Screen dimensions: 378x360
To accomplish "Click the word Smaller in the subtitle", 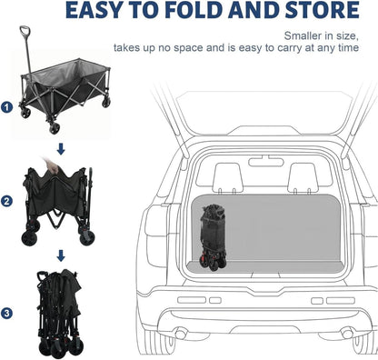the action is pyautogui.click(x=303, y=35).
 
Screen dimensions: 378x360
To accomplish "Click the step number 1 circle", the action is pyautogui.click(x=6, y=107).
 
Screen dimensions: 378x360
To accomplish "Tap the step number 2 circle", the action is pyautogui.click(x=6, y=202).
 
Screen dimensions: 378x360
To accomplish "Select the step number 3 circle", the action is pyautogui.click(x=6, y=314).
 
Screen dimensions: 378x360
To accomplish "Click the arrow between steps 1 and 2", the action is pyautogui.click(x=61, y=149).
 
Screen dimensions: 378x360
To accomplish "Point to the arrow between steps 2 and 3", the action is pyautogui.click(x=61, y=255).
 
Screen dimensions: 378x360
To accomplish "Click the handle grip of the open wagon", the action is pyautogui.click(x=25, y=31).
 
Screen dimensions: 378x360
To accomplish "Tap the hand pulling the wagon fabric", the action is pyautogui.click(x=52, y=165).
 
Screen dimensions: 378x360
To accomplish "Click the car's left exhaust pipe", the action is pyautogui.click(x=181, y=334).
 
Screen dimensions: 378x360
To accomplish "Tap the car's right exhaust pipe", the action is pyautogui.click(x=346, y=334).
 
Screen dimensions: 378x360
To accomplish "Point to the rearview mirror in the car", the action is pyautogui.click(x=266, y=161).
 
